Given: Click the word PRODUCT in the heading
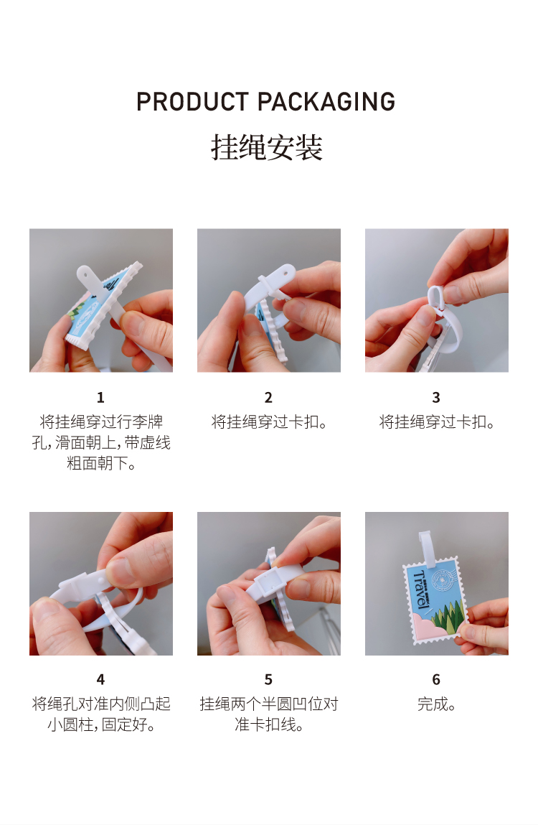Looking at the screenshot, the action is (192, 101).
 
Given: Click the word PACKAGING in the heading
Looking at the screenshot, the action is (326, 101).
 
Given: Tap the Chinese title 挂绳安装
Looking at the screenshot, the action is (267, 146).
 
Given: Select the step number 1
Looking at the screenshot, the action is (100, 397).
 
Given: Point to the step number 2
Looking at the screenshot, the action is (268, 397).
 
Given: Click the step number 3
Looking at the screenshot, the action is (436, 397).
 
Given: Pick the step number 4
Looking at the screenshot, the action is (100, 679).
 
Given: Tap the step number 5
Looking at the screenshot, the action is (268, 679).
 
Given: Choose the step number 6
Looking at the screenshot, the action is (436, 679).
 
